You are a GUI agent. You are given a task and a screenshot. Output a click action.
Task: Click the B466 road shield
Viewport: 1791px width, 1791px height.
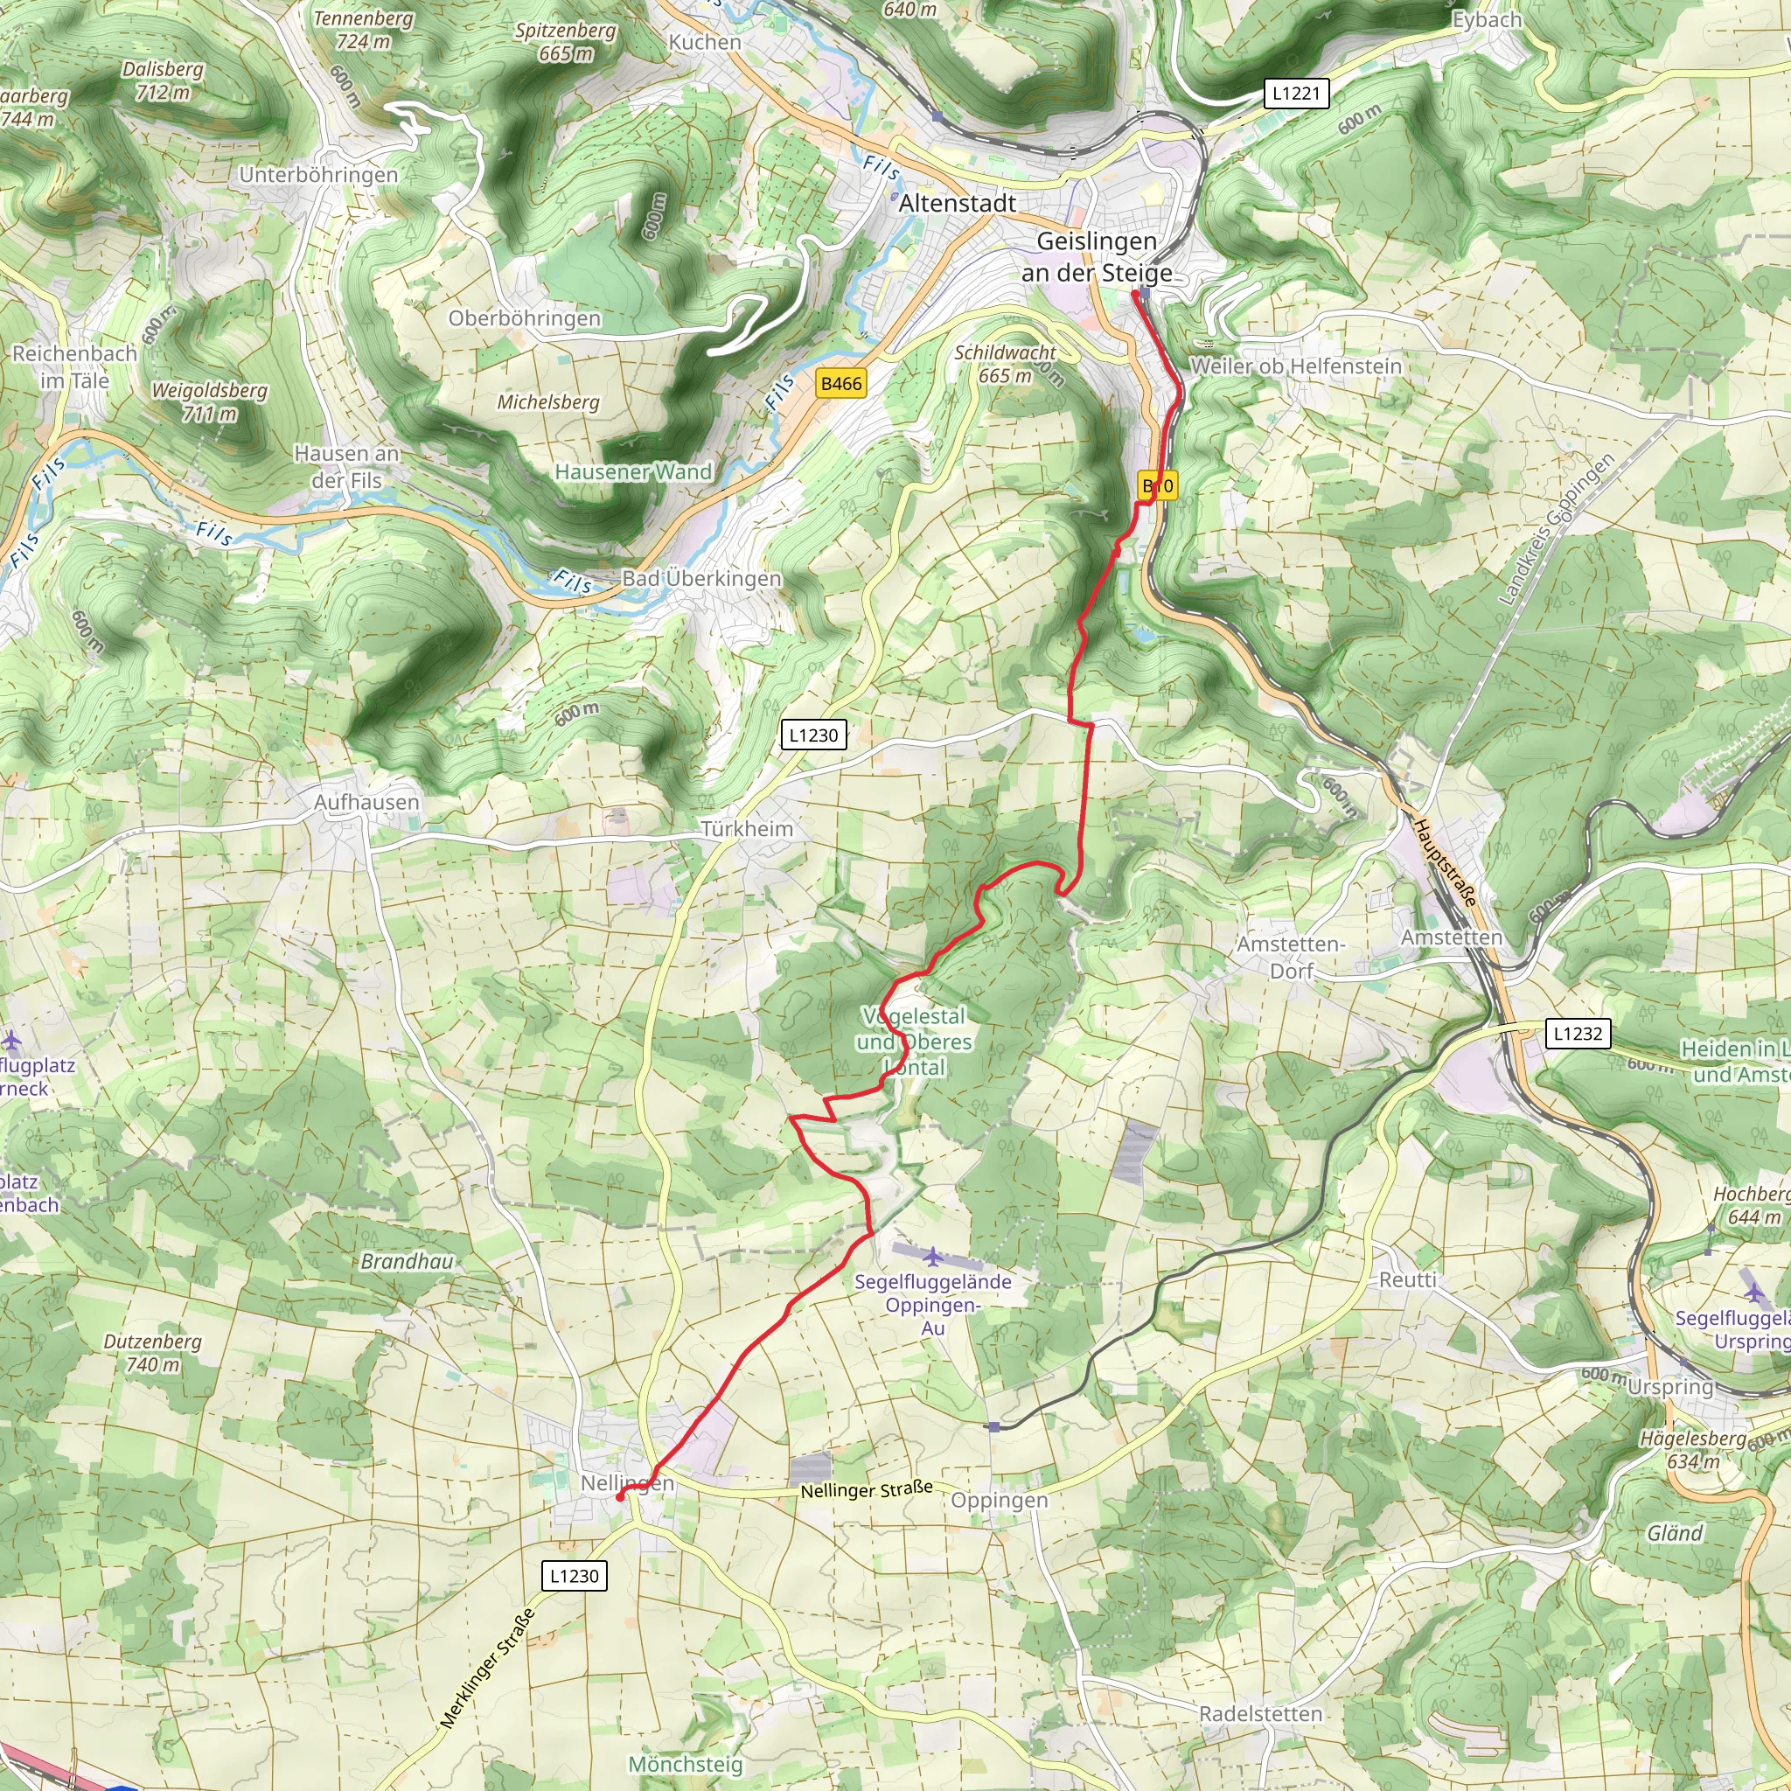840,384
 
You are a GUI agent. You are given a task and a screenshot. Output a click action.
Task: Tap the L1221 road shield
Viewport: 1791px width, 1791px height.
1296,94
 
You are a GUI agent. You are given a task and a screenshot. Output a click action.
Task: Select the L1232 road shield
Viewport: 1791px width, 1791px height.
1577,1034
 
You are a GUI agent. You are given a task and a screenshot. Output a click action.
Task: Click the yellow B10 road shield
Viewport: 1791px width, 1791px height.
1158,485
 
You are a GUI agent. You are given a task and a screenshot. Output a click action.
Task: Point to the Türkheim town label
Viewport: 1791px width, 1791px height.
746,829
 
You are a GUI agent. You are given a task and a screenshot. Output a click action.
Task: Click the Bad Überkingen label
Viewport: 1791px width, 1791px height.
701,578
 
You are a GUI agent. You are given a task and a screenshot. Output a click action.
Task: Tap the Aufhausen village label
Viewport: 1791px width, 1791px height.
366,802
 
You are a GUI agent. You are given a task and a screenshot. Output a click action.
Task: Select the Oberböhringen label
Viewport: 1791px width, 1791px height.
525,319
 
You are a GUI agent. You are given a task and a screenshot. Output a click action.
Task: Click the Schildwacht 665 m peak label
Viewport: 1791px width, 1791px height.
1005,365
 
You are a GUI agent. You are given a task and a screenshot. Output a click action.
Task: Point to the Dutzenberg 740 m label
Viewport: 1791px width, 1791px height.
152,1353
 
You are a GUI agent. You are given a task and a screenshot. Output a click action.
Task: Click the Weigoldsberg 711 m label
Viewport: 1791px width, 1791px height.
210,401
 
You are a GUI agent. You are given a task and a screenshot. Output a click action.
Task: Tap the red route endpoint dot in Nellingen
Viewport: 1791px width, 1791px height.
620,1496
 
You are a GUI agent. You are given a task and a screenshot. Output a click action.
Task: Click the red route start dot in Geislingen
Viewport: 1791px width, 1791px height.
1134,294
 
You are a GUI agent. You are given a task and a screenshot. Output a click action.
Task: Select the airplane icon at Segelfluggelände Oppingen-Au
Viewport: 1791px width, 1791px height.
932,1257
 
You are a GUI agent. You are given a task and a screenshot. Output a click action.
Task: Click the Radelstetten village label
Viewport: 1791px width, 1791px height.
1260,1714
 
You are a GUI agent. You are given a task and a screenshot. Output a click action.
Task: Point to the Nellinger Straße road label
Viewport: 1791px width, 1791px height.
866,1489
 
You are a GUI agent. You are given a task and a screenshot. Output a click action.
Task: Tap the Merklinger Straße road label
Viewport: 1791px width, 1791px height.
488,1669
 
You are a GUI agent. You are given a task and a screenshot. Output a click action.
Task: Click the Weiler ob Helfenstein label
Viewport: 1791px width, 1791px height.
1295,366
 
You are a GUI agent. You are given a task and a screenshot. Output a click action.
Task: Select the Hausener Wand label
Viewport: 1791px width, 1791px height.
633,472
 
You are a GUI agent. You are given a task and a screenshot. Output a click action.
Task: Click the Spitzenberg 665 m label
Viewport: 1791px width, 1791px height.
566,42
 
